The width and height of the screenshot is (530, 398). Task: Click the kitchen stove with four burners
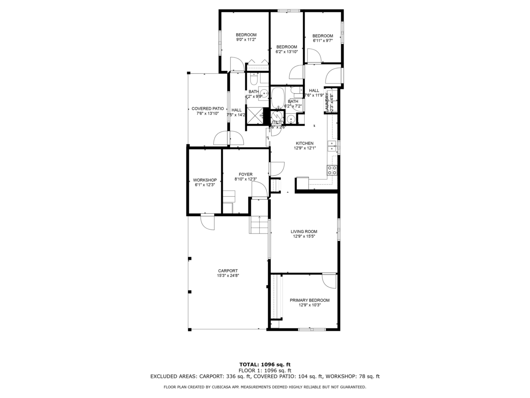[x=332, y=170]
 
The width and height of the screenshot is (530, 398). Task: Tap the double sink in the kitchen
[x=332, y=146]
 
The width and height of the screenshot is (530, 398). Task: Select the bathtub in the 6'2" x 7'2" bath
[x=278, y=98]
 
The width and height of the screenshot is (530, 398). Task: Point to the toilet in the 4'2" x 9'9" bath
[x=254, y=80]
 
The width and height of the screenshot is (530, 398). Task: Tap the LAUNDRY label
[x=327, y=102]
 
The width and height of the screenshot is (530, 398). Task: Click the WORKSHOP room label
[x=205, y=180]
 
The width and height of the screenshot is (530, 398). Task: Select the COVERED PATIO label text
[x=208, y=108]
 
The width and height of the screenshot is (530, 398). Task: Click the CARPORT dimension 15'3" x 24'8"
[x=228, y=276]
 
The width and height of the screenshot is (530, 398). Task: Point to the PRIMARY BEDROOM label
[x=310, y=300]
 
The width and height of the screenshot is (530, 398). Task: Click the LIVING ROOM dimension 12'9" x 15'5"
[x=304, y=237]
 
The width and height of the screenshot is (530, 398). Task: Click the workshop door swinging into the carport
[x=207, y=222]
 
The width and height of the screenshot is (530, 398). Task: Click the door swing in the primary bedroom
[x=329, y=280]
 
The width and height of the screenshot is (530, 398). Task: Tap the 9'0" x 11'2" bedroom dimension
[x=246, y=40]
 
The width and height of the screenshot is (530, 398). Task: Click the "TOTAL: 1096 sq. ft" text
[x=265, y=364]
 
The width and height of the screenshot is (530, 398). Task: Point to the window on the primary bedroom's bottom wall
[x=311, y=329]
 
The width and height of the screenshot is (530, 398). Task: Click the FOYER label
[x=246, y=174]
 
